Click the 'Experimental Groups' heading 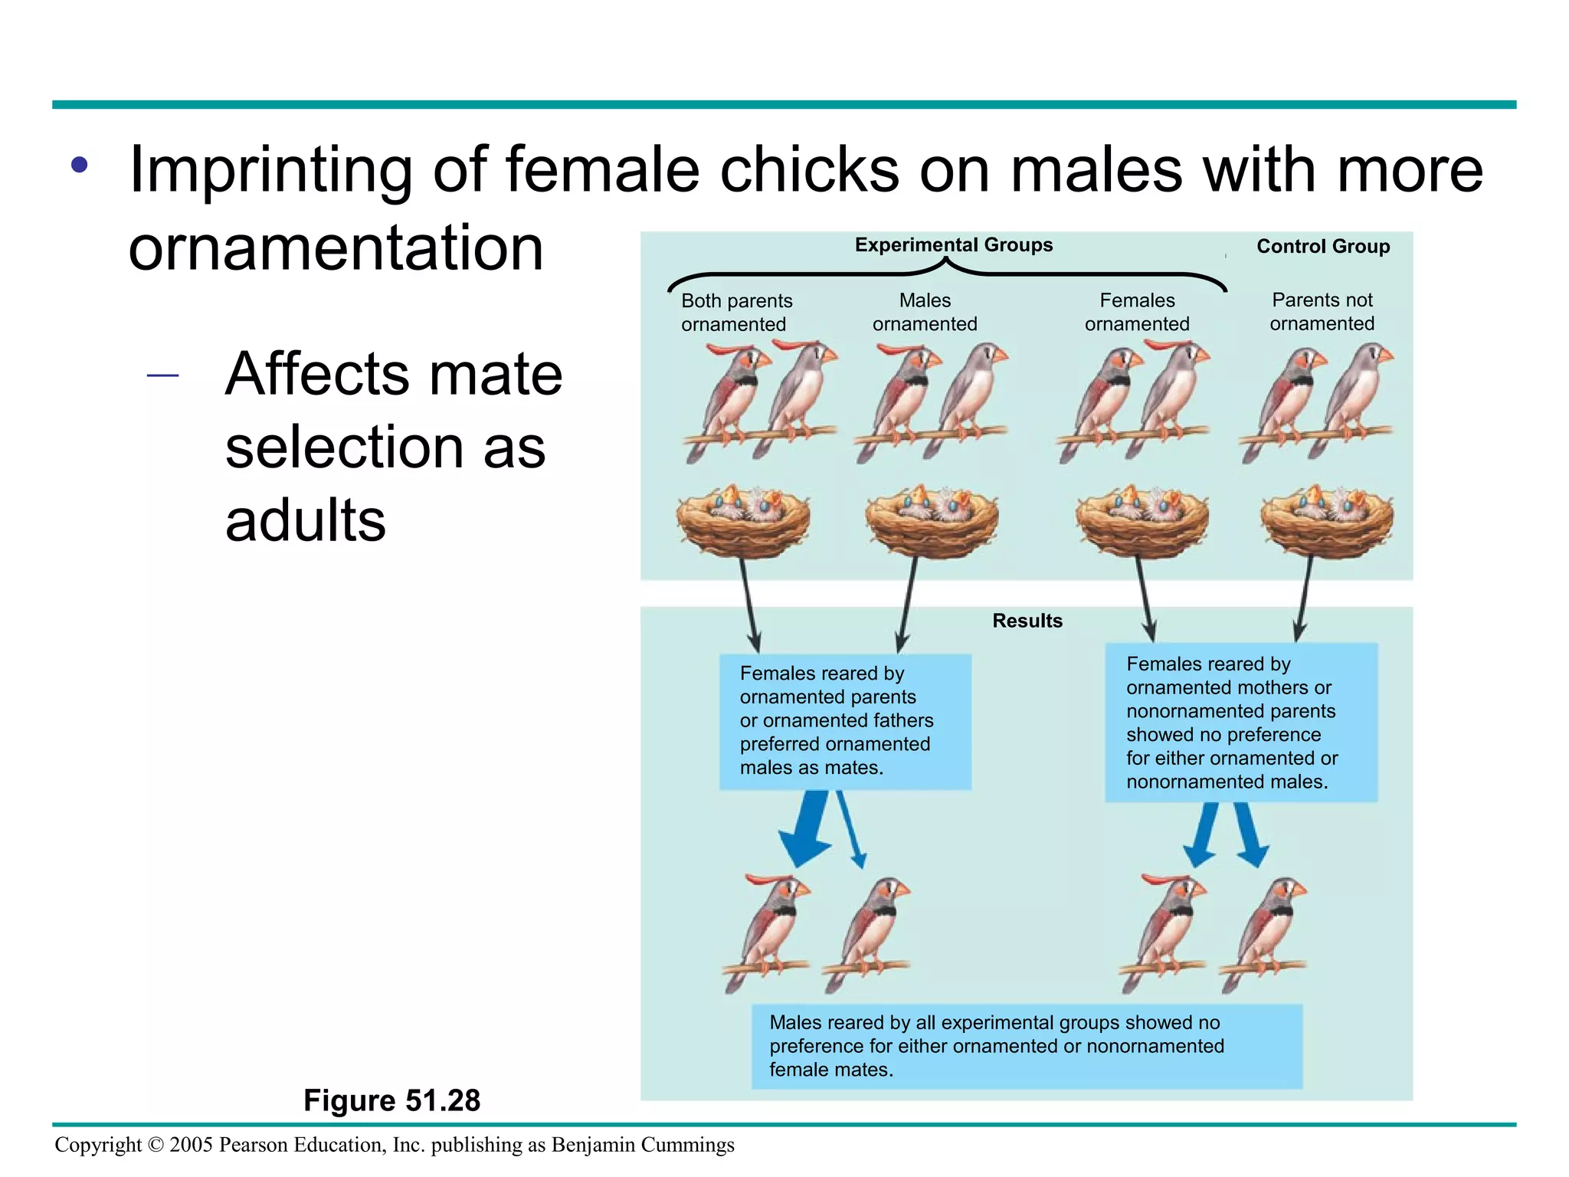click(953, 245)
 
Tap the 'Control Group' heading click(1323, 247)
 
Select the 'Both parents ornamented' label click(736, 313)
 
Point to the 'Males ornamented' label click(925, 312)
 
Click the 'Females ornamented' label click(1137, 312)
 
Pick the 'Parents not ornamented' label click(1322, 311)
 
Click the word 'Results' click(1027, 621)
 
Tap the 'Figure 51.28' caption click(391, 1100)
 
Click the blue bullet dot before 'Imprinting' click(80, 165)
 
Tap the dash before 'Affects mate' click(162, 375)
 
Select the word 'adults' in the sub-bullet click(305, 520)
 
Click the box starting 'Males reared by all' click(1027, 1046)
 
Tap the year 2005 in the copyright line click(191, 1145)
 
